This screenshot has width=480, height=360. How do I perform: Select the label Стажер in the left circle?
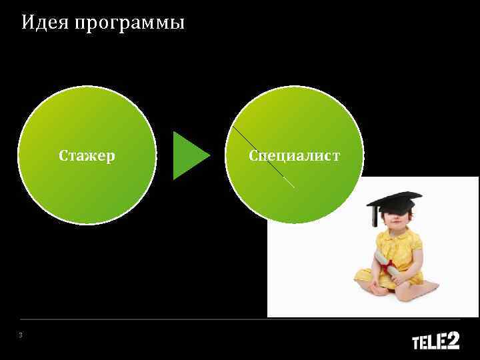tap(87, 156)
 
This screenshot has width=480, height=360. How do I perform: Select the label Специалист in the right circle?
tap(294, 156)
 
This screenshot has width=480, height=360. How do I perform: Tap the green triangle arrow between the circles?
tap(189, 155)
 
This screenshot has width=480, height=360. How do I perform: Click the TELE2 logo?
tap(435, 341)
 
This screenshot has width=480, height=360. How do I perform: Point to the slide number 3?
tap(21, 335)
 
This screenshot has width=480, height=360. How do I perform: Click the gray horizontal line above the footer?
tap(240, 319)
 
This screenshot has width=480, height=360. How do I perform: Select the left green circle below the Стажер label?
tap(87, 193)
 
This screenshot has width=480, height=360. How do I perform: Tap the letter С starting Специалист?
tap(254, 156)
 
